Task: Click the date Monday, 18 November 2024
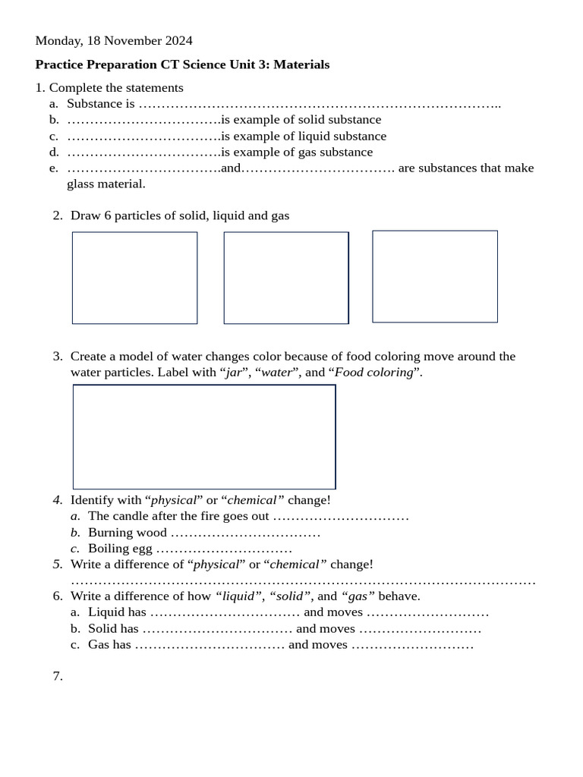[x=114, y=40]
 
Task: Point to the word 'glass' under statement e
[x=82, y=184]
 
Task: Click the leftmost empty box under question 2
[x=134, y=278]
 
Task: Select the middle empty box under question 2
[x=286, y=278]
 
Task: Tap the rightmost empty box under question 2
[x=435, y=276]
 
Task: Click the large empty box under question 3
[x=204, y=436]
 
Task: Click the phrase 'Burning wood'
[x=127, y=533]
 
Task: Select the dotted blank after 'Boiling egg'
[x=224, y=549]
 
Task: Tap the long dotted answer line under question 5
[x=303, y=582]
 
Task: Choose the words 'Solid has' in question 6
[x=113, y=629]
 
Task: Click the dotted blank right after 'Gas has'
[x=210, y=645]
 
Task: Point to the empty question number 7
[x=58, y=676]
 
